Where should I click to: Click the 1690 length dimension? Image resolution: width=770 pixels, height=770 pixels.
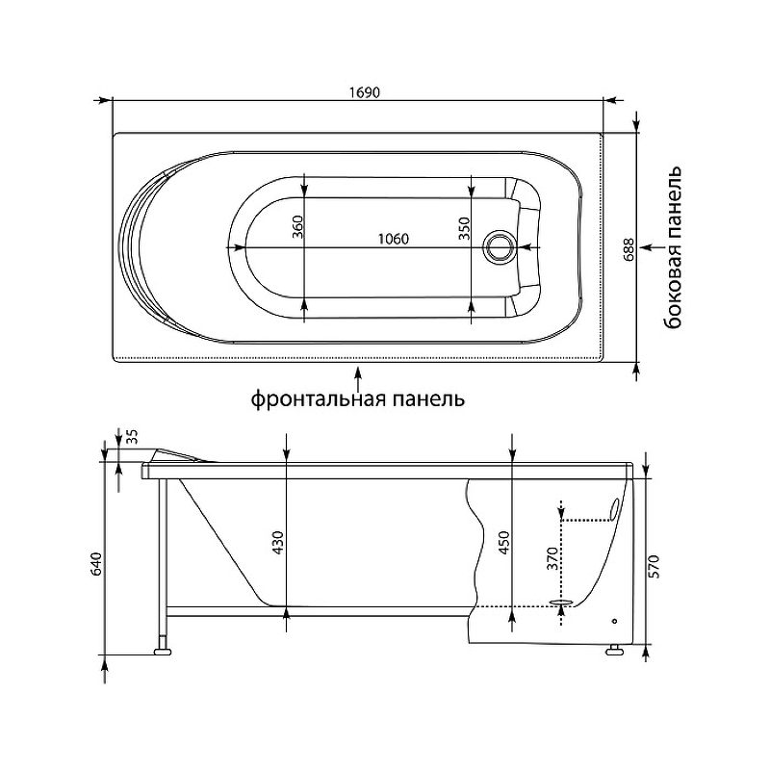click(x=365, y=92)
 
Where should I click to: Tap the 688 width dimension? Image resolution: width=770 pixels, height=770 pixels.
click(x=629, y=249)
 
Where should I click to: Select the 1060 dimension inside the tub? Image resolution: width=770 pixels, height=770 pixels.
click(x=394, y=239)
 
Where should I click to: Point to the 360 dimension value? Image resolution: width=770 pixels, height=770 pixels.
click(x=297, y=227)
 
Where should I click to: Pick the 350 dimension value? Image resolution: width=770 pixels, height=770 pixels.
click(x=464, y=228)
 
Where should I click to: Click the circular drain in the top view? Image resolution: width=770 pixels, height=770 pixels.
click(x=500, y=247)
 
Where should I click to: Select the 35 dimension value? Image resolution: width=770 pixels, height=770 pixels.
click(x=133, y=436)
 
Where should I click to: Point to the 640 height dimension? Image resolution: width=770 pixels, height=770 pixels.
click(x=95, y=564)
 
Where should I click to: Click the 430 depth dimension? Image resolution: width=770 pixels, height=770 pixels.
click(x=278, y=543)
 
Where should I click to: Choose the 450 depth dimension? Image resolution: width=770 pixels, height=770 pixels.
click(x=504, y=543)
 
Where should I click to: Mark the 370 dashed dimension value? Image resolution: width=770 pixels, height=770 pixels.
click(x=552, y=558)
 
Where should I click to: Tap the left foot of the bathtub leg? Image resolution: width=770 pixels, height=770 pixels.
click(x=163, y=653)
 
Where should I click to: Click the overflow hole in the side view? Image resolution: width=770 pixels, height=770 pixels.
click(x=615, y=509)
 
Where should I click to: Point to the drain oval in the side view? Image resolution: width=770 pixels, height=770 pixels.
click(x=561, y=602)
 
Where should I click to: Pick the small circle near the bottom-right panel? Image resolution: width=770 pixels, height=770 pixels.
click(x=614, y=621)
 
